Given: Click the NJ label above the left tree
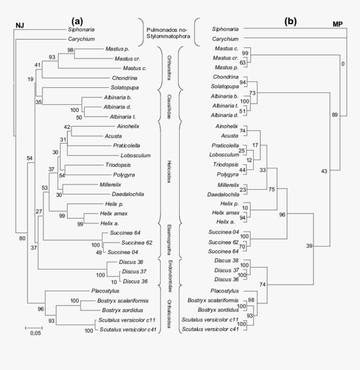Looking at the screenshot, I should [x=20, y=25].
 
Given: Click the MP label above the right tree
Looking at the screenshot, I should [x=338, y=24].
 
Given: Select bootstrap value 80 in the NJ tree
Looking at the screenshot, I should [x=21, y=238].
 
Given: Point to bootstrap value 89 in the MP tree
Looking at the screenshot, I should [x=334, y=115].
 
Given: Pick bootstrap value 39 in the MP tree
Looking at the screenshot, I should [x=309, y=245].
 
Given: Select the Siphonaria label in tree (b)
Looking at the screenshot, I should [x=226, y=29].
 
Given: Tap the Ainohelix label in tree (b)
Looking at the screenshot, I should [x=226, y=126].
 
